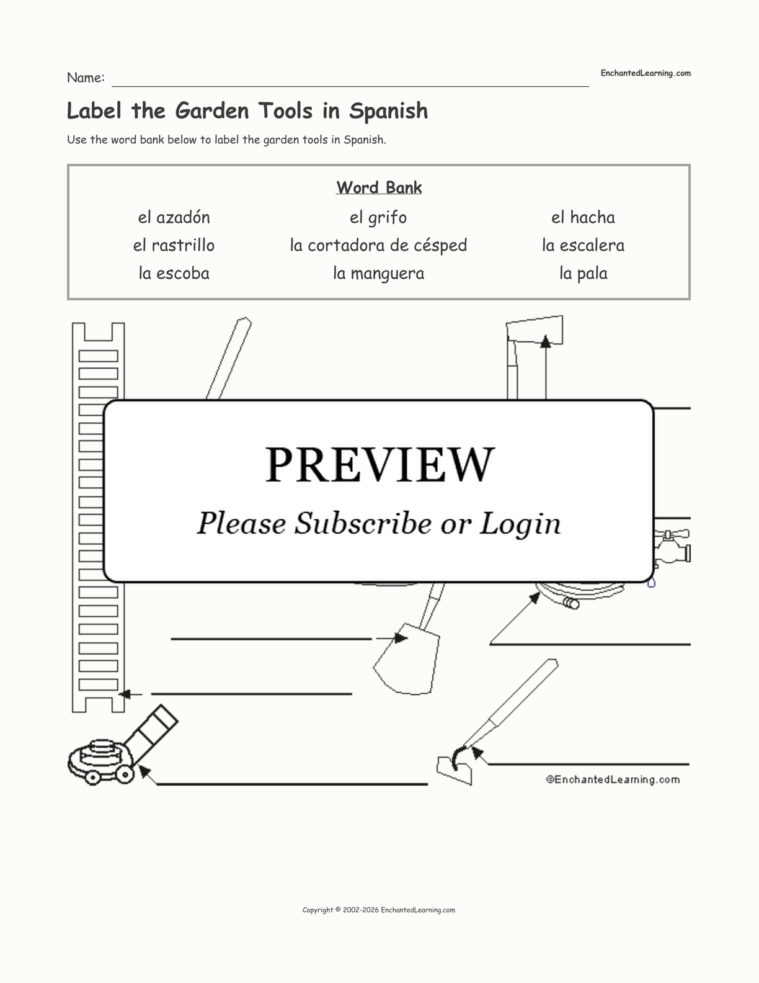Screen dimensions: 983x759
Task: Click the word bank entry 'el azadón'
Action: (x=174, y=217)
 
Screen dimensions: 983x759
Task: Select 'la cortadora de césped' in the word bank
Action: (x=378, y=245)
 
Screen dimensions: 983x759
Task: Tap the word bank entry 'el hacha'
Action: (x=583, y=217)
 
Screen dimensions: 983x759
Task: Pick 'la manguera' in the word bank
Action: (x=378, y=273)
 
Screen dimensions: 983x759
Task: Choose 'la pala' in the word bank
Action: (x=583, y=273)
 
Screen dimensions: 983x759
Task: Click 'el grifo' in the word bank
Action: (x=378, y=217)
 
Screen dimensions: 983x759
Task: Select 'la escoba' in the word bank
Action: (x=174, y=273)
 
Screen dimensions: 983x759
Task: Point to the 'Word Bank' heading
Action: (x=379, y=187)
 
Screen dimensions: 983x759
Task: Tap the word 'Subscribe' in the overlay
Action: (x=362, y=523)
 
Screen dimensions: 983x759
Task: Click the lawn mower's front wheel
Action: (x=125, y=773)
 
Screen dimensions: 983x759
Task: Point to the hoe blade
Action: (x=454, y=770)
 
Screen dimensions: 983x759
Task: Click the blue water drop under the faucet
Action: (x=651, y=583)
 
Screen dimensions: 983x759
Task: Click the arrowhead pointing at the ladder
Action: (x=124, y=694)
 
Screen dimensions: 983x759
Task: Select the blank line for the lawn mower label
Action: (x=291, y=784)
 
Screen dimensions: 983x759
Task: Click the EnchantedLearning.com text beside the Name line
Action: (x=645, y=73)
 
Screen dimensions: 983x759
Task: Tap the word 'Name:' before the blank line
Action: (x=86, y=78)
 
